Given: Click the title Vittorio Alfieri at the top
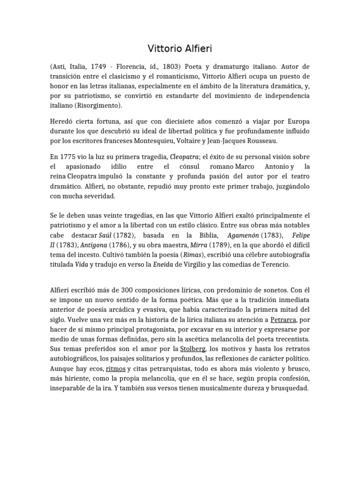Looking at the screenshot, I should pos(180,48).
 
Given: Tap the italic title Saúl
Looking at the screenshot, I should pos(105,235).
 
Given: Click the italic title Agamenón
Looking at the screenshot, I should pos(244,235).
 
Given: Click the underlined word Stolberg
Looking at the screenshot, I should pos(193,349).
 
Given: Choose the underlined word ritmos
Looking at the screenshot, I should pos(116,368).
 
